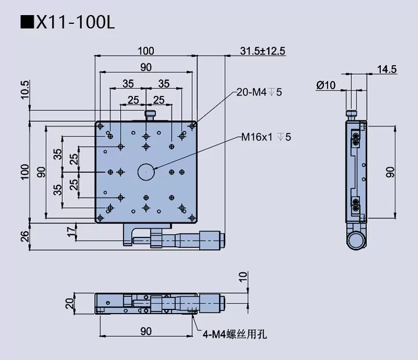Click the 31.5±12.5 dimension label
click(262, 51)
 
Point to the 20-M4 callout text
click(259, 92)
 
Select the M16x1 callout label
click(266, 138)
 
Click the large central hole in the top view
click(145, 171)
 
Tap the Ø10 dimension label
click(326, 85)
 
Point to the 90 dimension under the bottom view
click(146, 331)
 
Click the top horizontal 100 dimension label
click(146, 51)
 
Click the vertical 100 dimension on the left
click(24, 171)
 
